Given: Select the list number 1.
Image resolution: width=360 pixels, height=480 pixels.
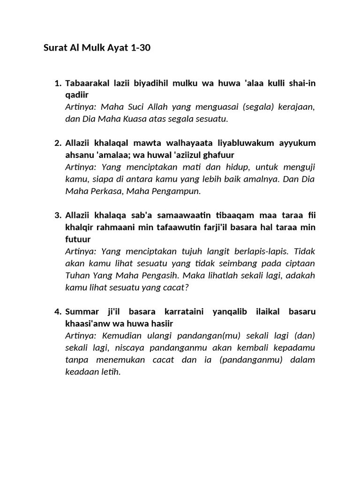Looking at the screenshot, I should (58, 83).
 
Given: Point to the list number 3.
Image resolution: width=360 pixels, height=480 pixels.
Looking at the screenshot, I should (58, 215).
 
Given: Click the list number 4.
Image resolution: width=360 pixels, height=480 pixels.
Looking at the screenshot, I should (58, 312).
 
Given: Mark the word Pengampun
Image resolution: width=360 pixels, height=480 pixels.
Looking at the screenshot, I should (179, 191).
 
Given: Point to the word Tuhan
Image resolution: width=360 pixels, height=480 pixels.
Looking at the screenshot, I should (76, 275).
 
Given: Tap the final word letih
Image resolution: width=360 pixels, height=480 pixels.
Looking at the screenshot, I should (111, 372).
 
